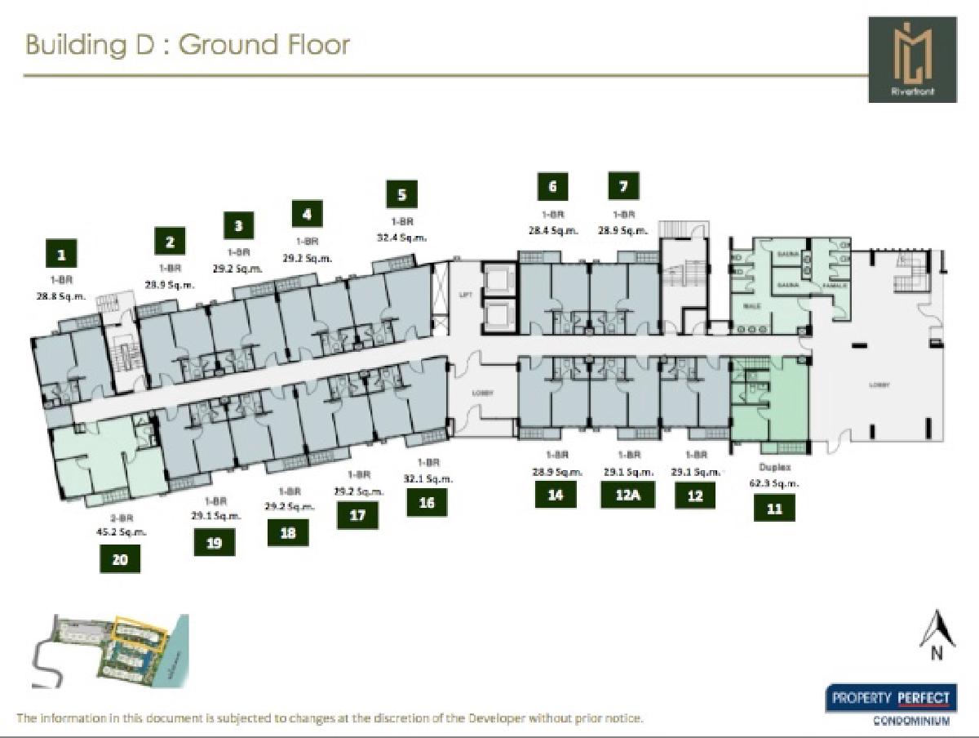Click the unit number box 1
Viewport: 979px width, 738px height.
[61, 255]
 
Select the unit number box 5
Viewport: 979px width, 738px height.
[402, 194]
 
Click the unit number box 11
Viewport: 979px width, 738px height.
[774, 509]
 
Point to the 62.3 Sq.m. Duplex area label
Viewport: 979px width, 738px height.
[775, 482]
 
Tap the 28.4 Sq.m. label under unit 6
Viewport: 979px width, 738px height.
[553, 230]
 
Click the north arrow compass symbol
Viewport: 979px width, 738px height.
[936, 634]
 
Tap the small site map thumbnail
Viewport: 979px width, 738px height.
[110, 651]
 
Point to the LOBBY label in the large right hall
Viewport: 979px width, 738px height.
[879, 385]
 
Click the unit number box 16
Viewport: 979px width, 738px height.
[427, 503]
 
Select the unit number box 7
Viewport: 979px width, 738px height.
[624, 186]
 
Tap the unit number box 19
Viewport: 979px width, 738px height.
[214, 541]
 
